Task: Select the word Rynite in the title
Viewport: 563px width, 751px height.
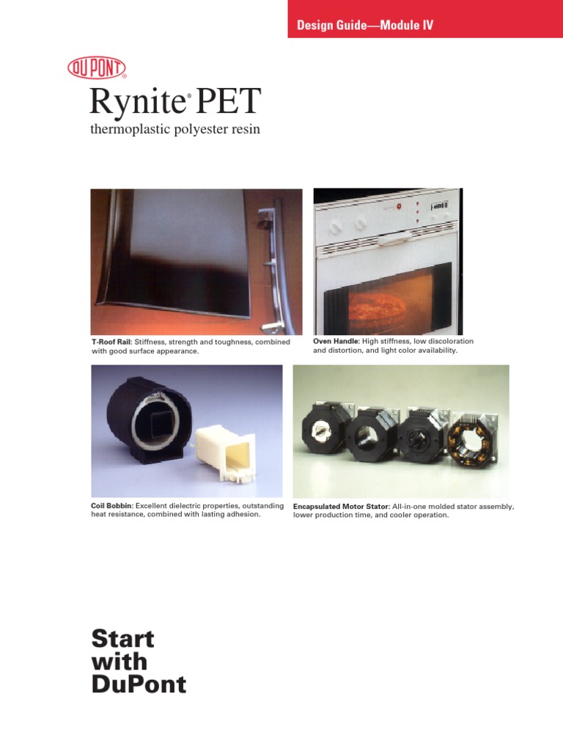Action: click(135, 102)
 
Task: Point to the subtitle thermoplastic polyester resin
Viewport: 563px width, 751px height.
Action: click(175, 130)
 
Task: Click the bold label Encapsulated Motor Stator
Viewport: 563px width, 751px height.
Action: click(341, 507)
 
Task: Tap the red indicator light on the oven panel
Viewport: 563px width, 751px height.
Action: click(400, 207)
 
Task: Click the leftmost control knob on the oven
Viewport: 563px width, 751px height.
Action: click(334, 227)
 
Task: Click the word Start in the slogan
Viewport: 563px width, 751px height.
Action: click(122, 639)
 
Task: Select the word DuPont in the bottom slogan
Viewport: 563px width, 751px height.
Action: click(139, 685)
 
